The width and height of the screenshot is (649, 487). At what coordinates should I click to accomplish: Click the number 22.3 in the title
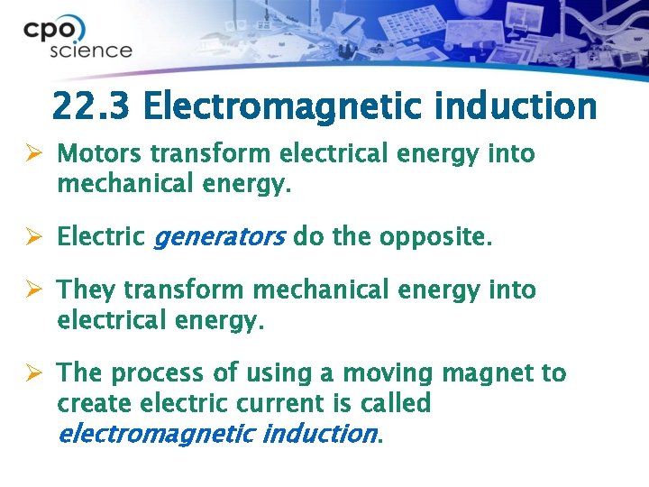(x=91, y=106)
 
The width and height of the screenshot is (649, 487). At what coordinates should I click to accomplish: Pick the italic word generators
(x=220, y=238)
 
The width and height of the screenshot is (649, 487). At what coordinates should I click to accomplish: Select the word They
(x=86, y=290)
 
